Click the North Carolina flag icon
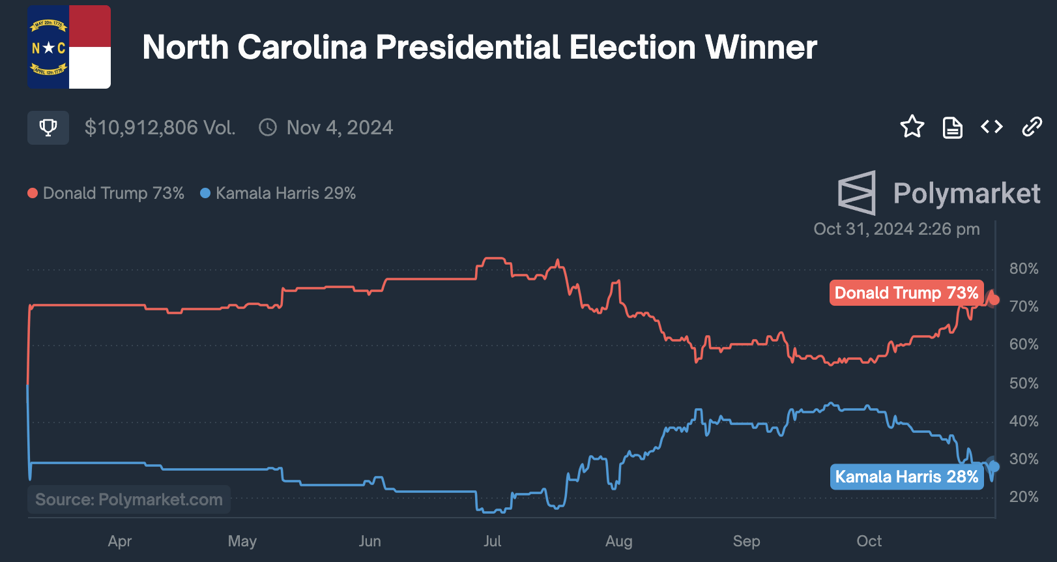[x=69, y=47]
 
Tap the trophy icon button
[x=48, y=127]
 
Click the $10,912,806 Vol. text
[x=160, y=127]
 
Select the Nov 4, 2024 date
[x=340, y=127]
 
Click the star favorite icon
[x=912, y=126]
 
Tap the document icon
[x=952, y=127]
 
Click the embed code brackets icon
[x=992, y=126]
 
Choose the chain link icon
[x=1032, y=126]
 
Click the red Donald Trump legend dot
[x=33, y=193]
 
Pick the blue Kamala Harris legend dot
[x=205, y=193]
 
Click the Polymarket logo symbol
[x=856, y=193]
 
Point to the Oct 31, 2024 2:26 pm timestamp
[x=896, y=229]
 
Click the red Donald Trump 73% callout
[x=906, y=293]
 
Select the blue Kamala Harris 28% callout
[x=906, y=477]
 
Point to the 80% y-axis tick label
[x=1024, y=269]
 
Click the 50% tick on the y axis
[x=1024, y=383]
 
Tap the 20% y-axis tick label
[x=1024, y=497]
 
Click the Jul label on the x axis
[x=492, y=541]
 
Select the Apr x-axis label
[x=120, y=541]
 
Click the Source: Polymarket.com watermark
[x=129, y=499]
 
